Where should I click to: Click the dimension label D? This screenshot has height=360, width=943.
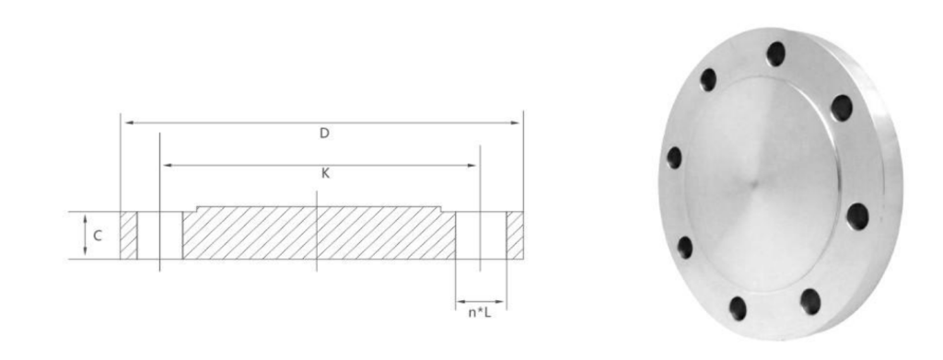pyautogui.click(x=324, y=134)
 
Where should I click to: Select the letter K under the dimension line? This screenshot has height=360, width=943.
pyautogui.click(x=325, y=174)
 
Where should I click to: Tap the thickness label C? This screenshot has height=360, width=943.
pyautogui.click(x=98, y=237)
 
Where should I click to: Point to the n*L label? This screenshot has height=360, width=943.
pyautogui.click(x=479, y=312)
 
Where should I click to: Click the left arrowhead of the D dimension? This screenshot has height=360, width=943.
pyautogui.click(x=129, y=122)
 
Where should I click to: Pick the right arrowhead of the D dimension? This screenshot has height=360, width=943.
pyautogui.click(x=515, y=122)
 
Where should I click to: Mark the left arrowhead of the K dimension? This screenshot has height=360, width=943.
pyautogui.click(x=168, y=165)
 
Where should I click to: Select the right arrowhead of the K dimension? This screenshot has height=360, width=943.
pyautogui.click(x=471, y=165)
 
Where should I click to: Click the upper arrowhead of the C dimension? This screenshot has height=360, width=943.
pyautogui.click(x=85, y=217)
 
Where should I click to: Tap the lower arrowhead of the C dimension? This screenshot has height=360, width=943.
pyautogui.click(x=85, y=252)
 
